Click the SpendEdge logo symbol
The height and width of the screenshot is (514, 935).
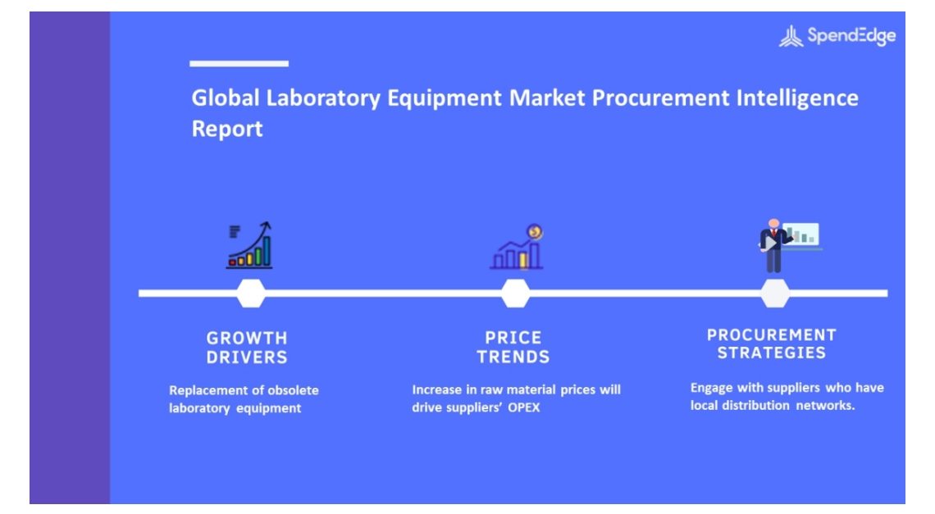click(791, 36)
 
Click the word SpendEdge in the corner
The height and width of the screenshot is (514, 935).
click(851, 36)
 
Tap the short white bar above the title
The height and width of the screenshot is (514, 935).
click(239, 63)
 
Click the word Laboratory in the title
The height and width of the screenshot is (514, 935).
click(323, 98)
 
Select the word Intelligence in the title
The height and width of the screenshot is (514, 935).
click(797, 98)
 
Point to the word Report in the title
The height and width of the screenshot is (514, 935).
click(227, 129)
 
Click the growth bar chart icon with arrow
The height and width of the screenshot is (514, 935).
click(249, 245)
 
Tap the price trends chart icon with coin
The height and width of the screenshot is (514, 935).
click(517, 247)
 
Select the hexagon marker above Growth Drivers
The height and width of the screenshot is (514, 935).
click(251, 293)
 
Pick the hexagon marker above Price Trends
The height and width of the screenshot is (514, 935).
click(515, 293)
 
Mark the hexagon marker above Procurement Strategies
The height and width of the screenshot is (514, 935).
click(775, 293)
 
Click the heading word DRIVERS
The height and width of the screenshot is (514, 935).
click(247, 357)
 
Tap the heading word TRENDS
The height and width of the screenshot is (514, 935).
click(513, 357)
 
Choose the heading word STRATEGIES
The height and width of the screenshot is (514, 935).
click(772, 353)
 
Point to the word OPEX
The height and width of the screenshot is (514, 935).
click(523, 408)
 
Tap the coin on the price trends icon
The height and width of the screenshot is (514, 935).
click(535, 231)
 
